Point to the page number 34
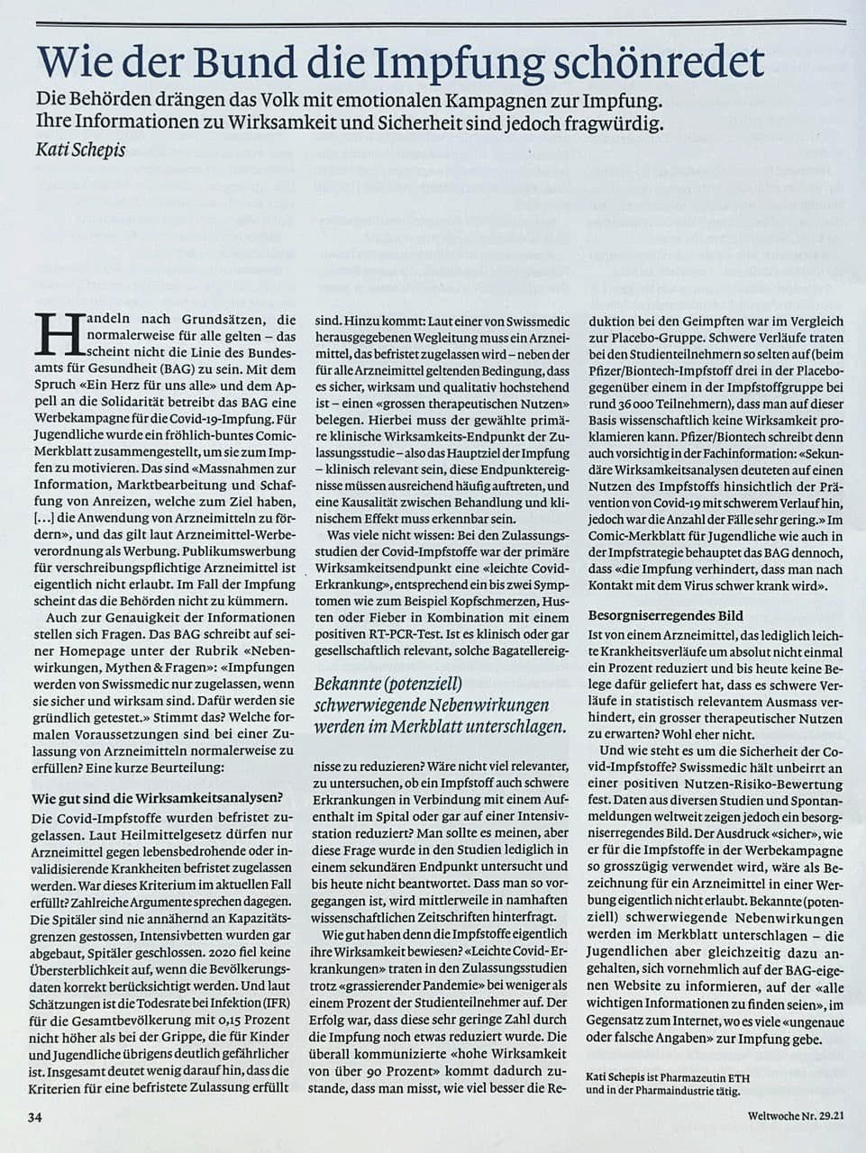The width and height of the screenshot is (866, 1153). click(35, 1118)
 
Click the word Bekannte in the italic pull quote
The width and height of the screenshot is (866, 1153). click(347, 685)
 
